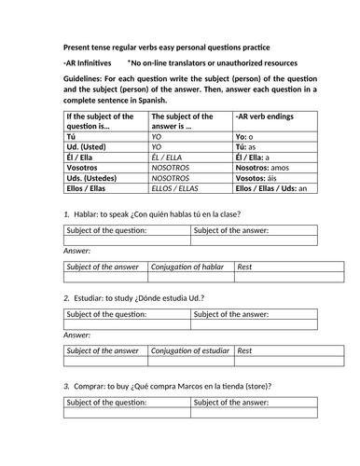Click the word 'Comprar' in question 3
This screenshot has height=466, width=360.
coord(94,385)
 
